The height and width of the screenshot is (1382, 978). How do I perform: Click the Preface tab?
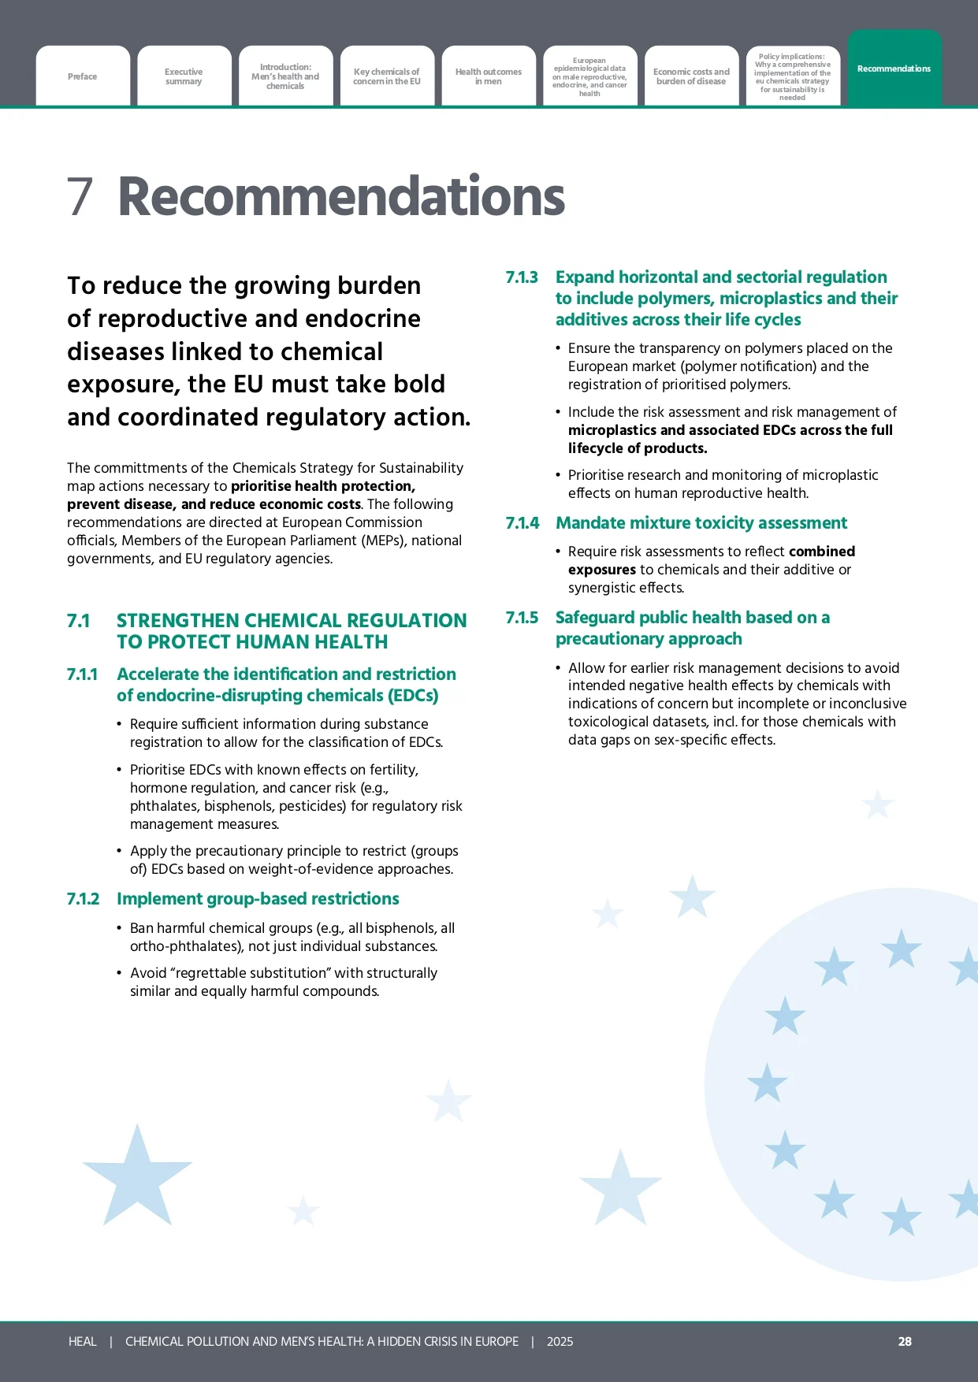[83, 76]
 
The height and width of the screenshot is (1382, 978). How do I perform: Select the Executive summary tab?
[184, 76]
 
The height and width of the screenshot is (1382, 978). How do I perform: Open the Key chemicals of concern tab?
[387, 76]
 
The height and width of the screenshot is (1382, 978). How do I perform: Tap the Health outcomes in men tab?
[489, 76]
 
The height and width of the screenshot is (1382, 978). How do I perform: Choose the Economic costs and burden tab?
[691, 76]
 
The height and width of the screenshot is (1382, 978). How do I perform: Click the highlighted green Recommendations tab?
[894, 69]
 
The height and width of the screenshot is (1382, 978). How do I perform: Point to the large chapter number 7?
[80, 196]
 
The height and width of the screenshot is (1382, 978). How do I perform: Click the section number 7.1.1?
[83, 674]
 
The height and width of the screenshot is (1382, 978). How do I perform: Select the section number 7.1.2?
[84, 899]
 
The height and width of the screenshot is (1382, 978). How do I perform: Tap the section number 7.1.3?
[522, 277]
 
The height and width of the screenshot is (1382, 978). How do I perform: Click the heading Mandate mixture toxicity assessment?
[701, 523]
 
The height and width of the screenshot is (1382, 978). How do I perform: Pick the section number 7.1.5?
[522, 618]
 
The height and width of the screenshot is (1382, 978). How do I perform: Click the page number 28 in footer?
[905, 1341]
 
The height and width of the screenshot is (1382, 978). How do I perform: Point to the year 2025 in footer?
[560, 1341]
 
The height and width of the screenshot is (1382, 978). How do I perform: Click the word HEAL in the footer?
[83, 1341]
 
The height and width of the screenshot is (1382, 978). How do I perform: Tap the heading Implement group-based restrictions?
[258, 899]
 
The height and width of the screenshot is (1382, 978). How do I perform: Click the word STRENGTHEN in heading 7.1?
[177, 621]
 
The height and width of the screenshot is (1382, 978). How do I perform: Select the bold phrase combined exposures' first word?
[822, 552]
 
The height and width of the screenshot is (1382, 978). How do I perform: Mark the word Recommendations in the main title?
[341, 196]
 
